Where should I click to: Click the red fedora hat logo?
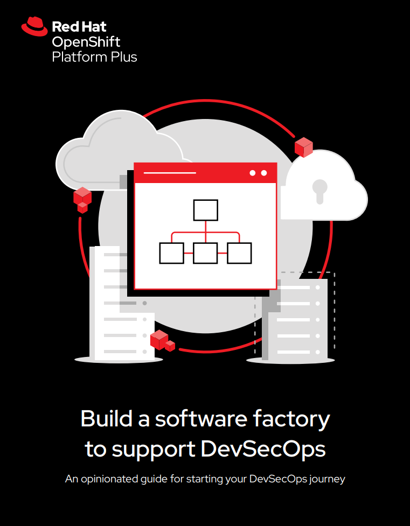coord(34,26)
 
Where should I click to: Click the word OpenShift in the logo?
coord(86,43)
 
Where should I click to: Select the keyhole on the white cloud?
coord(319,191)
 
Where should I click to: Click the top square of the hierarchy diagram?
coord(205,210)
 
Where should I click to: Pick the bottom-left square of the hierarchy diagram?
coord(171,253)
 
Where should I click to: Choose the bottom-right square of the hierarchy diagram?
coord(239,253)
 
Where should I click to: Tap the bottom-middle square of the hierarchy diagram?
coord(205,253)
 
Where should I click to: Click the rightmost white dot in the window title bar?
coord(264,173)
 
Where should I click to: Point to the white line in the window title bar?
coord(170,173)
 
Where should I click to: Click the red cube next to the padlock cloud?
coord(303,148)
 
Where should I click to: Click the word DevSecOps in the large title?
coord(263,449)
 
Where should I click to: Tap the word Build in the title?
coord(105,419)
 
